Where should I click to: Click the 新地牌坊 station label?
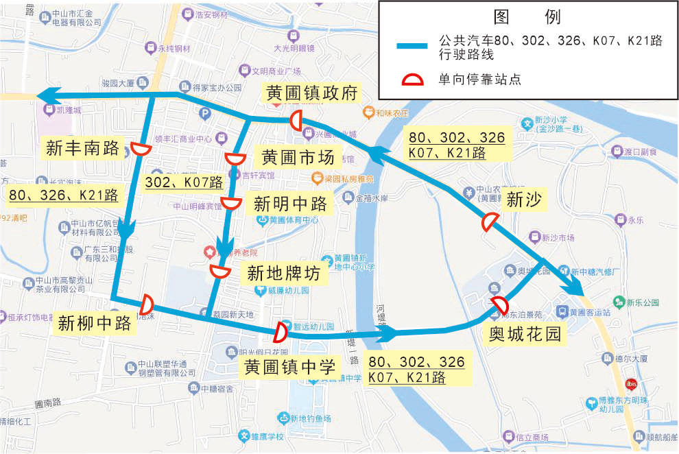pos(283,274)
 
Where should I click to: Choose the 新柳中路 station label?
pos(95,323)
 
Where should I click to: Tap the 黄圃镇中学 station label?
pos(291,366)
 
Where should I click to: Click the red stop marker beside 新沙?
pos(490,222)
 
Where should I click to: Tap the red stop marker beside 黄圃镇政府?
pos(296,120)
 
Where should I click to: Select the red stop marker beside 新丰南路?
pos(142,149)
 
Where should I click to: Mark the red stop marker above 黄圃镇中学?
pos(280,332)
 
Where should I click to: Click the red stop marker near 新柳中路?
pos(147,303)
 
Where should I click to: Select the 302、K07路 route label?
pos(184,182)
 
